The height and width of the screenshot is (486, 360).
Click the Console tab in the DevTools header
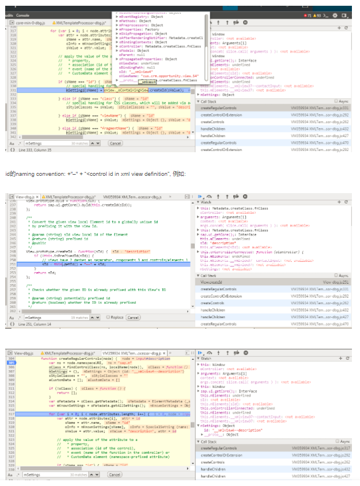pos(23,15)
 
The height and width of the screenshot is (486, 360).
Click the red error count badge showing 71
pos(309,16)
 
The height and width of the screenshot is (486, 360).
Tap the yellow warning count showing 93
pos(320,16)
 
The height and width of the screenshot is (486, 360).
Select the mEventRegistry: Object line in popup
pos(135,17)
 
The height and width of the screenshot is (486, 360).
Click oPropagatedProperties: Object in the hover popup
pos(146,59)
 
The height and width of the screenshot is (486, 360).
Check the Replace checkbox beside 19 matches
pos(108,317)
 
